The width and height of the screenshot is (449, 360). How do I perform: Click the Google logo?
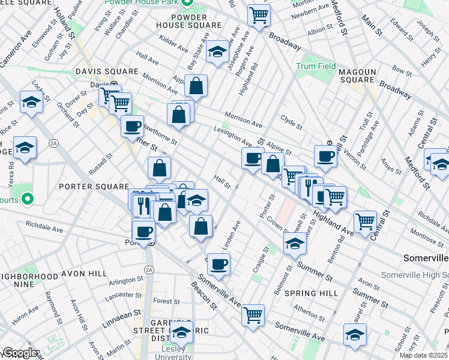pyautogui.click(x=19, y=353)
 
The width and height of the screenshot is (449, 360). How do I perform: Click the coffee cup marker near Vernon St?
pyautogui.click(x=325, y=156)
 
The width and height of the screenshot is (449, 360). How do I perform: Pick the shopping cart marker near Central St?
pyautogui.click(x=365, y=221)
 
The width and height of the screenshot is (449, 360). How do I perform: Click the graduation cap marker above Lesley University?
pyautogui.click(x=181, y=333)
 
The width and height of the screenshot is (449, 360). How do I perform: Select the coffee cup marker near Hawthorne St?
pyautogui.click(x=133, y=126)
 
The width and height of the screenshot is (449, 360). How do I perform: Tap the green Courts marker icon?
pyautogui.click(x=28, y=199)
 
